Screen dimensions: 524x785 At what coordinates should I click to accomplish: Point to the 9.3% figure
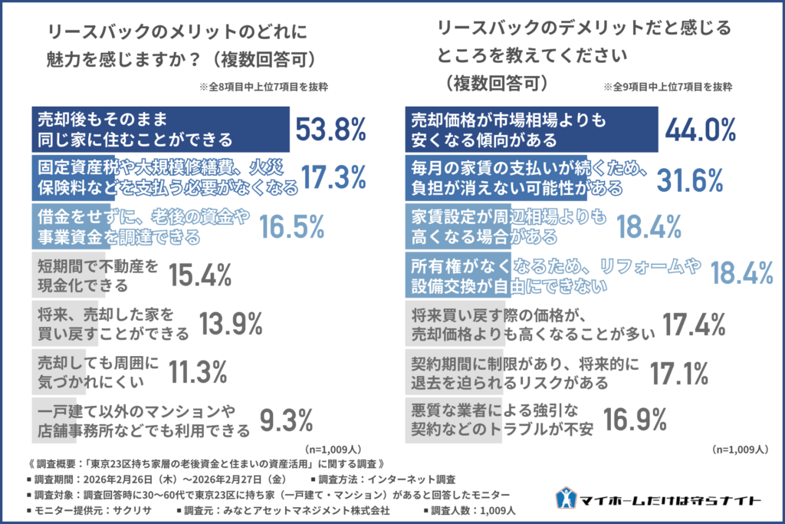(287, 420)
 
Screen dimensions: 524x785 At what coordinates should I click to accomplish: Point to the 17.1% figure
(678, 371)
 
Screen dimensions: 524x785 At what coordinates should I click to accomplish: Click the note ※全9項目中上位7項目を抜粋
(667, 87)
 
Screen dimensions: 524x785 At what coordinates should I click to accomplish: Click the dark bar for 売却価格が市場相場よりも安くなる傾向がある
(530, 130)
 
